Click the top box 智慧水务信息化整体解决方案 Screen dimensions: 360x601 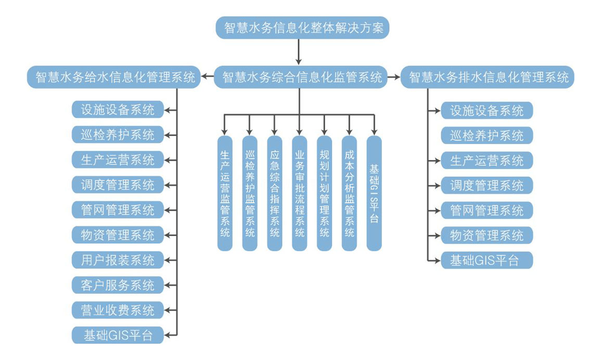click(302, 27)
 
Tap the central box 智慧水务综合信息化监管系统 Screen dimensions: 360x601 click(302, 78)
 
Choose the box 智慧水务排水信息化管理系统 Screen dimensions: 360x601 click(488, 78)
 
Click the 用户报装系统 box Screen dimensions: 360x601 click(118, 259)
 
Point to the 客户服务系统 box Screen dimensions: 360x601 click(118, 285)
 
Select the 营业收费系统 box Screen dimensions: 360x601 click(118, 310)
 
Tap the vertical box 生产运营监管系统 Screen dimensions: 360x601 click(225, 193)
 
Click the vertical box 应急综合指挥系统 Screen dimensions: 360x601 click(274, 193)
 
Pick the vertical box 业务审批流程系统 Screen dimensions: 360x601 click(299, 193)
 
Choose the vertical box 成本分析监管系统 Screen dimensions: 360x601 click(349, 193)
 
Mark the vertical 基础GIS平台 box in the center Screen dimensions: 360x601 click(374, 193)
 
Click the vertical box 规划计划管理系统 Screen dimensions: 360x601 click(324, 193)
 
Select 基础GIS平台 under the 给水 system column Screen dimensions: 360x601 click(118, 335)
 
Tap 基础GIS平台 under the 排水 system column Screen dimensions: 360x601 click(487, 260)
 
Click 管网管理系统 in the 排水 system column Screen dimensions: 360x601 click(487, 210)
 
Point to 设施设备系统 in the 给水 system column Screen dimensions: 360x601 click(118, 110)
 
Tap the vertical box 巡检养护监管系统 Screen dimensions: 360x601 click(250, 193)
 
